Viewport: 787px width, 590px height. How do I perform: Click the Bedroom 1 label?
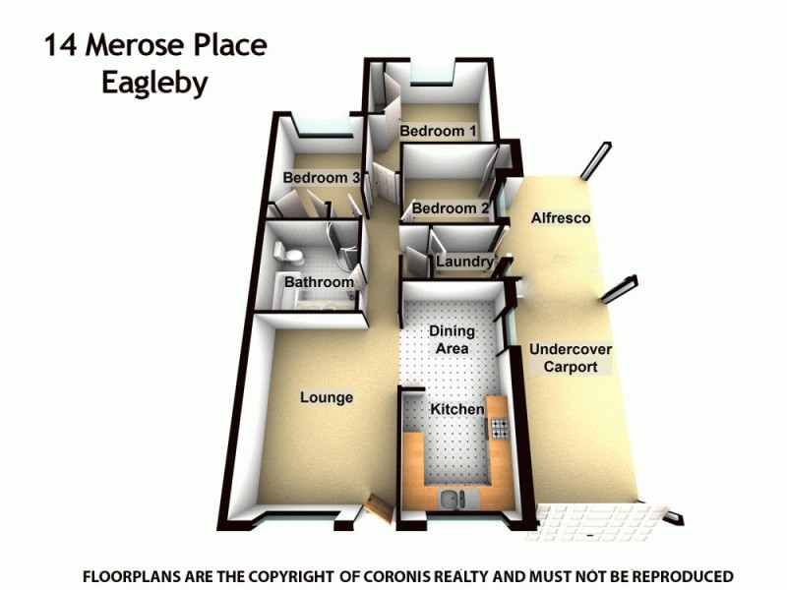438,131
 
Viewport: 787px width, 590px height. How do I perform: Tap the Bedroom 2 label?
451,208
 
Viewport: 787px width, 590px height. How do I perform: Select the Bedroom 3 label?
322,178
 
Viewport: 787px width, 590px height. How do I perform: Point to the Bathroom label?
319,282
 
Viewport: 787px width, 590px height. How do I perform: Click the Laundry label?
464,263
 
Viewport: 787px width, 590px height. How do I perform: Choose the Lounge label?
327,397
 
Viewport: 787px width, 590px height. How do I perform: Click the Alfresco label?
561,217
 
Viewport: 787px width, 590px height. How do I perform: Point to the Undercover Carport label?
571,358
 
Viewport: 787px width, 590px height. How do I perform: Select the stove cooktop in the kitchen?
500,428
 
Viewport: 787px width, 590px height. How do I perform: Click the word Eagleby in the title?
154,83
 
